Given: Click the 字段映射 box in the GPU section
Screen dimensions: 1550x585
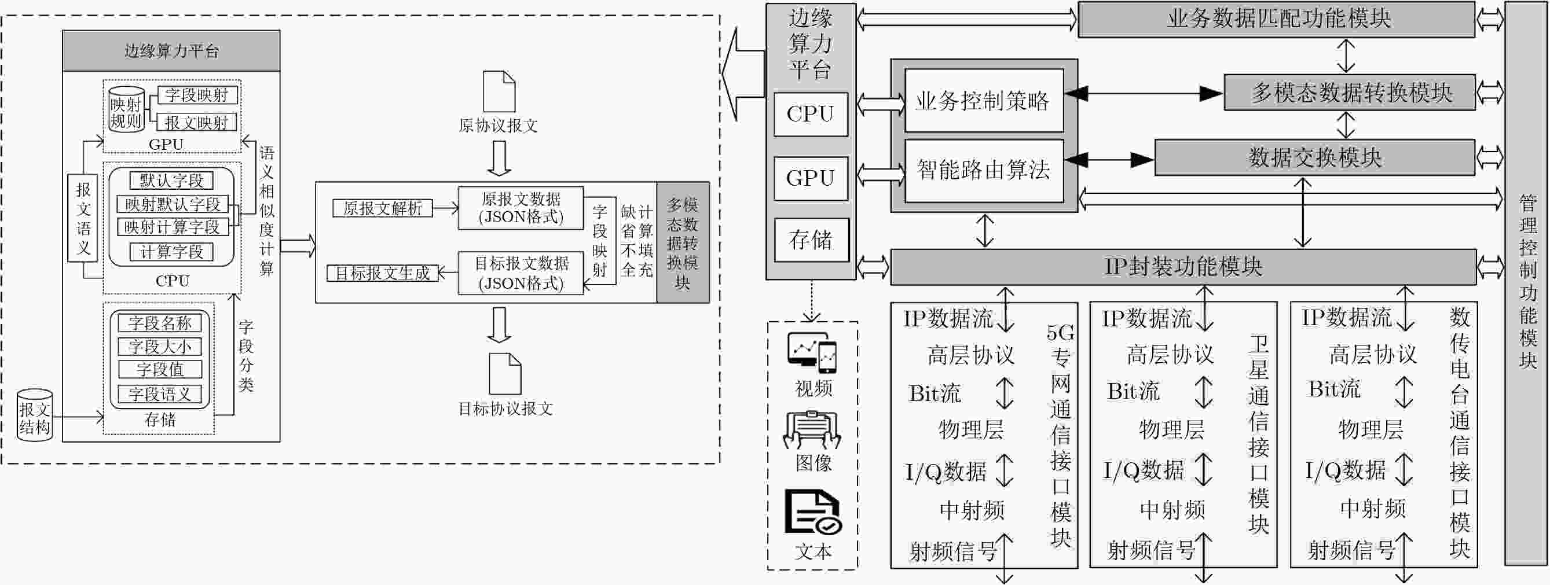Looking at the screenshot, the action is [197, 95].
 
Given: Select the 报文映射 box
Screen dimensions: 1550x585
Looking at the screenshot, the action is [197, 123].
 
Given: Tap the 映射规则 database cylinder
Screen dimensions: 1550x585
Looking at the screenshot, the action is [126, 110].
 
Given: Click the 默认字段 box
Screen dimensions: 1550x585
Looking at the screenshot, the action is [171, 181].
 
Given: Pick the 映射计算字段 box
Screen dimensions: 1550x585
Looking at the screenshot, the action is [173, 227].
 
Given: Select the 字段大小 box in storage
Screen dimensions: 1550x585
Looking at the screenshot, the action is [160, 346].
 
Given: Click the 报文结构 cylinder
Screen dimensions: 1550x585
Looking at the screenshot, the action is [34, 415].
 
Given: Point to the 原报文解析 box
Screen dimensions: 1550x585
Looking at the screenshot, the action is [383, 208].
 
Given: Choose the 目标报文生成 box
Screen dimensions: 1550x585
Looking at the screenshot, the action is [383, 273].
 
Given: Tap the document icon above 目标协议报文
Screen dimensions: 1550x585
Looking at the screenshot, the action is [505, 373].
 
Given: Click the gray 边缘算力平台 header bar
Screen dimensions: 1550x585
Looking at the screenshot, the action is [171, 51].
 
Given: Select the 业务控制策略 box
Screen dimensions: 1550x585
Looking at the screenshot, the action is [984, 101].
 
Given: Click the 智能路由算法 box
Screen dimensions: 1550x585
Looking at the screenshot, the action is [984, 170].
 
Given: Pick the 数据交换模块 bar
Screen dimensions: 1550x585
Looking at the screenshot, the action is [1315, 157].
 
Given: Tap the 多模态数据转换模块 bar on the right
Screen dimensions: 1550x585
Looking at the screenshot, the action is [1350, 93].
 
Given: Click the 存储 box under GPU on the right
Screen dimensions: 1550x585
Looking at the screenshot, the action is [811, 240].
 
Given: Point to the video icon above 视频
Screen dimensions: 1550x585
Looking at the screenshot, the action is [813, 353].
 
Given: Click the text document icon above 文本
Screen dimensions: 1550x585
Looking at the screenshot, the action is [812, 512].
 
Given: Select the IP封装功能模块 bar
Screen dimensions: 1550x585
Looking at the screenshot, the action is [1183, 267].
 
